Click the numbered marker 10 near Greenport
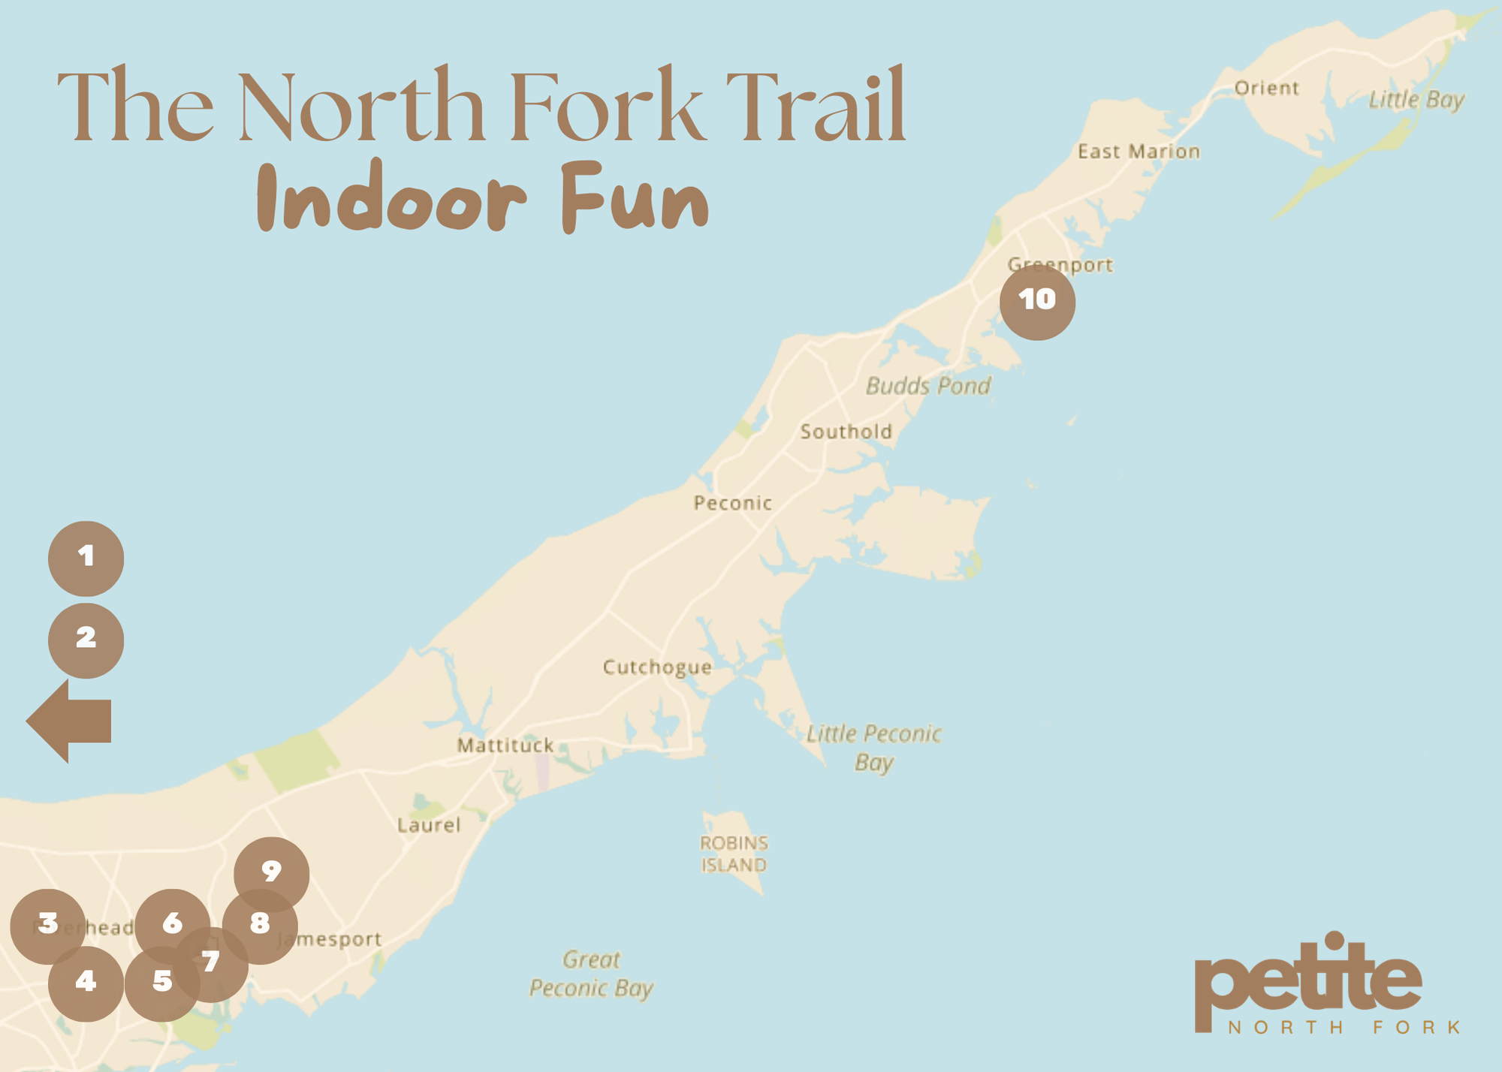[1037, 302]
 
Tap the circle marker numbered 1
[86, 559]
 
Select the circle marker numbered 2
[86, 640]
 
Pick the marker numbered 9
[271, 873]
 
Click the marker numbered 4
[86, 983]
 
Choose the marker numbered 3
[47, 926]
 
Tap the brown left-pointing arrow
[69, 721]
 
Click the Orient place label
[1266, 88]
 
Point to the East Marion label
[1139, 152]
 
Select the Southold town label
[846, 432]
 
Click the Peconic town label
[732, 503]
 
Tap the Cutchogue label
[657, 667]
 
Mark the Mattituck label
[505, 745]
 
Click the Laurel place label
[429, 825]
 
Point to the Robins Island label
[734, 854]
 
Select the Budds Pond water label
[928, 386]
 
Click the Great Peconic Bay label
[591, 974]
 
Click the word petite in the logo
[1307, 976]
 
